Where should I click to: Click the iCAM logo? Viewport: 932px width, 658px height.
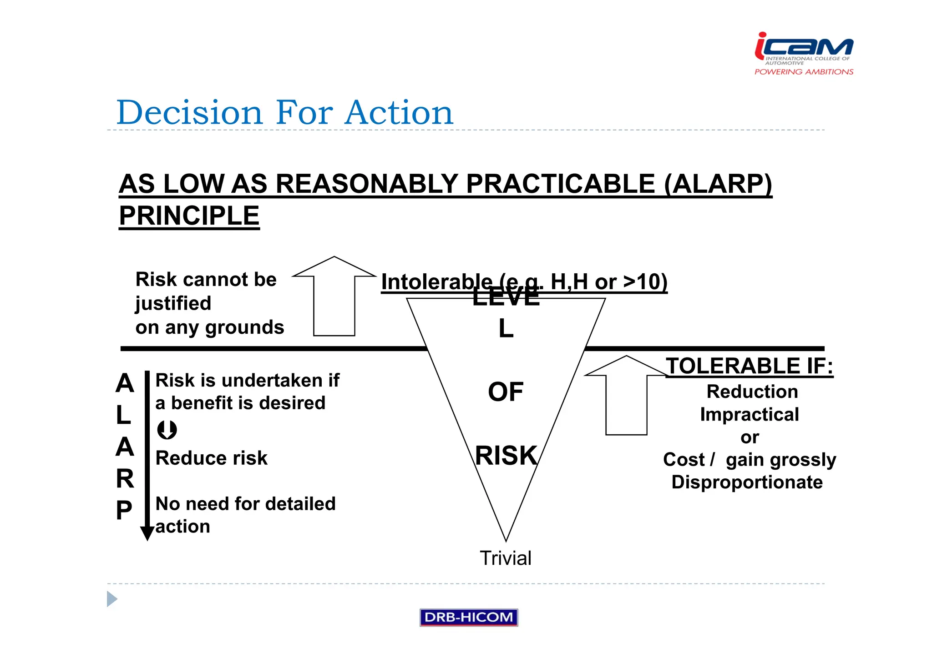(803, 47)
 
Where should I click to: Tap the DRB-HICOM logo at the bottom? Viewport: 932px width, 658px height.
(468, 617)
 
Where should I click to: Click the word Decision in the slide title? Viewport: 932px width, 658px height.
(189, 112)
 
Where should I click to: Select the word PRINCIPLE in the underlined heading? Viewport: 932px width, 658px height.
(189, 216)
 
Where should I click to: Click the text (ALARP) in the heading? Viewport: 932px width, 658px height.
(718, 184)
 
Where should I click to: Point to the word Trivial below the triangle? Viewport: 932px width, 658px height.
(505, 558)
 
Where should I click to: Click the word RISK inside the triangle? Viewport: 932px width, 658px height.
(506, 455)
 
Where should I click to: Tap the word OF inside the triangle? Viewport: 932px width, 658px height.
(506, 392)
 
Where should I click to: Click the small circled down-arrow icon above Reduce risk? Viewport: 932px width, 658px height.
(167, 430)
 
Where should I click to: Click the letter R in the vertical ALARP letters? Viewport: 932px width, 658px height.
(125, 478)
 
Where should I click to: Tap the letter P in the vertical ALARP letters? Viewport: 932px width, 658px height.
(124, 510)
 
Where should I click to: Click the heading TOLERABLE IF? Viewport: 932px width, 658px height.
(749, 366)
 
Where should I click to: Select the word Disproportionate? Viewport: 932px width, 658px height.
(747, 482)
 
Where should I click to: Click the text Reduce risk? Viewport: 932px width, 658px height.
(211, 458)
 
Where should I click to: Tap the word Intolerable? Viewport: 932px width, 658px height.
(436, 281)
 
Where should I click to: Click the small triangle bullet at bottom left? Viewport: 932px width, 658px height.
(111, 599)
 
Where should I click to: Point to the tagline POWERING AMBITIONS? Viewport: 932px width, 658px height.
(804, 72)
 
